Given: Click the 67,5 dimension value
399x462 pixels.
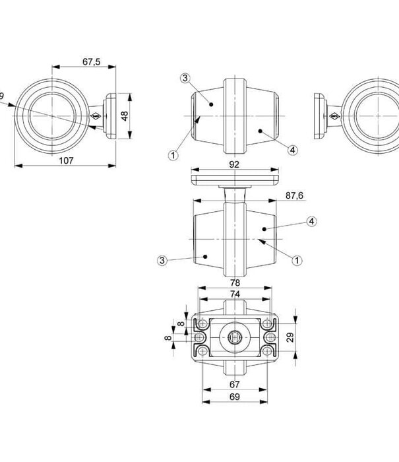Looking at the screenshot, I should pyautogui.click(x=92, y=61).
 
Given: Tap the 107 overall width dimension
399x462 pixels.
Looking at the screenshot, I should pyautogui.click(x=65, y=160).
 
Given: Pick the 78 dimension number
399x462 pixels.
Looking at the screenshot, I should pyautogui.click(x=235, y=282).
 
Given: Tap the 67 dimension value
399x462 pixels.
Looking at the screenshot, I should pyautogui.click(x=235, y=384).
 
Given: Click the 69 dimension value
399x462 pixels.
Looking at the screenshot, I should pyautogui.click(x=235, y=397).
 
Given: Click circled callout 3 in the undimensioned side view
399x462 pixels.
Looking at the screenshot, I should pyautogui.click(x=185, y=79).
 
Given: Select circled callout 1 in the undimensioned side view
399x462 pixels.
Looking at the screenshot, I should pyautogui.click(x=173, y=156).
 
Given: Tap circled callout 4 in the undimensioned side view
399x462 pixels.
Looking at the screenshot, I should pyautogui.click(x=292, y=150).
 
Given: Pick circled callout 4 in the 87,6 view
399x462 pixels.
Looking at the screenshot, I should pyautogui.click(x=311, y=221).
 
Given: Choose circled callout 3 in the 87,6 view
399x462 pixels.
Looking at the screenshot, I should pyautogui.click(x=163, y=260).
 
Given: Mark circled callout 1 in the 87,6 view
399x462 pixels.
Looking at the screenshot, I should pyautogui.click(x=296, y=260).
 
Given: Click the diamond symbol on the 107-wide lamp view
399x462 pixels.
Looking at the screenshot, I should pyautogui.click(x=96, y=117).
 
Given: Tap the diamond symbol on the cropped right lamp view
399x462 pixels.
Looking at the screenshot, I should pyautogui.click(x=334, y=117).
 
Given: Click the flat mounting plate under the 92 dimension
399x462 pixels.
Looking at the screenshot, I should pyautogui.click(x=235, y=179).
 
